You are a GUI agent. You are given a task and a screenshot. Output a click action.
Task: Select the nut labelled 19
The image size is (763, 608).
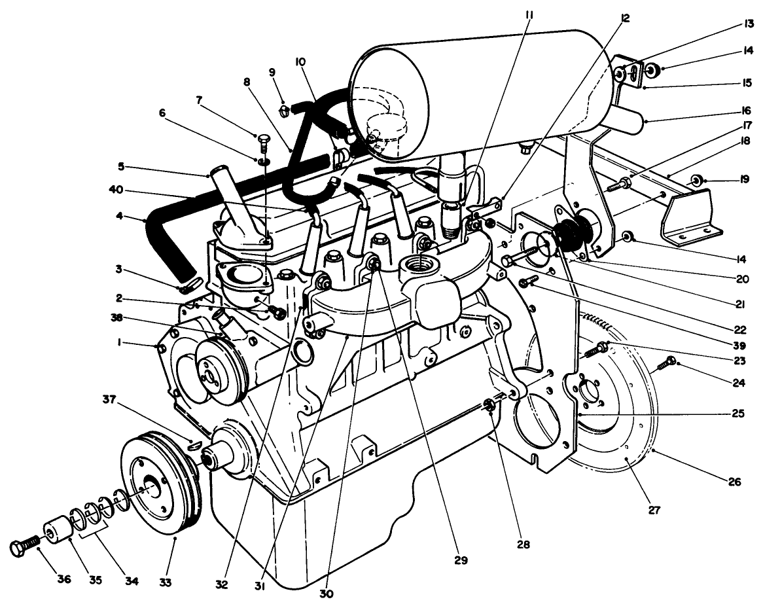[x=699, y=179]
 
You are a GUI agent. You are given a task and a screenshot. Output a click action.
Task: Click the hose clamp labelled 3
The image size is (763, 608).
[x=187, y=285]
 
